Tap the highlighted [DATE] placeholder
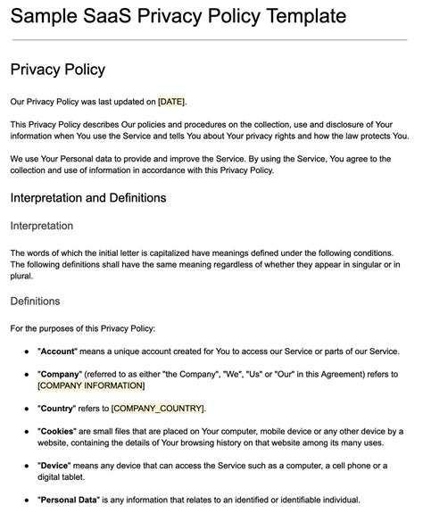pyautogui.click(x=172, y=102)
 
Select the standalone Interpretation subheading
pyautogui.click(x=42, y=226)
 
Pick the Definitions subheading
pyautogui.click(x=36, y=302)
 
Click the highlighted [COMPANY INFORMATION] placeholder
pyautogui.click(x=90, y=385)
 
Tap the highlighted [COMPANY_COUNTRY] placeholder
pyautogui.click(x=158, y=409)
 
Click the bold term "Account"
pyautogui.click(x=58, y=352)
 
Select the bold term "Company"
pyautogui.click(x=60, y=374)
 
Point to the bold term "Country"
pyautogui.click(x=58, y=409)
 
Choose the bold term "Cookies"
pyautogui.click(x=59, y=432)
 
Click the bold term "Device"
pyautogui.click(x=56, y=467)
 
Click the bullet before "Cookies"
pyautogui.click(x=27, y=432)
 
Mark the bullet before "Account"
pyautogui.click(x=27, y=352)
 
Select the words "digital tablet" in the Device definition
pyautogui.click(x=66, y=478)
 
